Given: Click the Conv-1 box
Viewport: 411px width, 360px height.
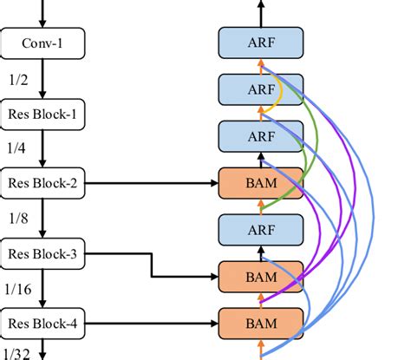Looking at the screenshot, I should [x=42, y=41].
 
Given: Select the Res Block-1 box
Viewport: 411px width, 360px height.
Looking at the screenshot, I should [x=42, y=113].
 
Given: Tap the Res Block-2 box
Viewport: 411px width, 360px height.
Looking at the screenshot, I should [x=42, y=183].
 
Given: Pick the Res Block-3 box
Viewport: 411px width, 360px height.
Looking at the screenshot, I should [x=42, y=253].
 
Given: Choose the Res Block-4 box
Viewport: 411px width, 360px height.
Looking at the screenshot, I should [x=42, y=323].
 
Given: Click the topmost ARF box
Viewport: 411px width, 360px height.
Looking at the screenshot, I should [x=261, y=41].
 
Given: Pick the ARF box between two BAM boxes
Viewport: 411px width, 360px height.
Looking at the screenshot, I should [x=261, y=230].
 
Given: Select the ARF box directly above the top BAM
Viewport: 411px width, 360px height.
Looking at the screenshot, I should [x=261, y=135].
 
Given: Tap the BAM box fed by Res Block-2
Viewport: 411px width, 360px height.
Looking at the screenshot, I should [x=261, y=183].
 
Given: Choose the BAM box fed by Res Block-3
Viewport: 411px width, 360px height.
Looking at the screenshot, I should [x=261, y=277].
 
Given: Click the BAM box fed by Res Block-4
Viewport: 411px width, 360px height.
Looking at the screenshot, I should [x=261, y=323].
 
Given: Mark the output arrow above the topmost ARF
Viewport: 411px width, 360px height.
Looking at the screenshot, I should [x=261, y=12].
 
